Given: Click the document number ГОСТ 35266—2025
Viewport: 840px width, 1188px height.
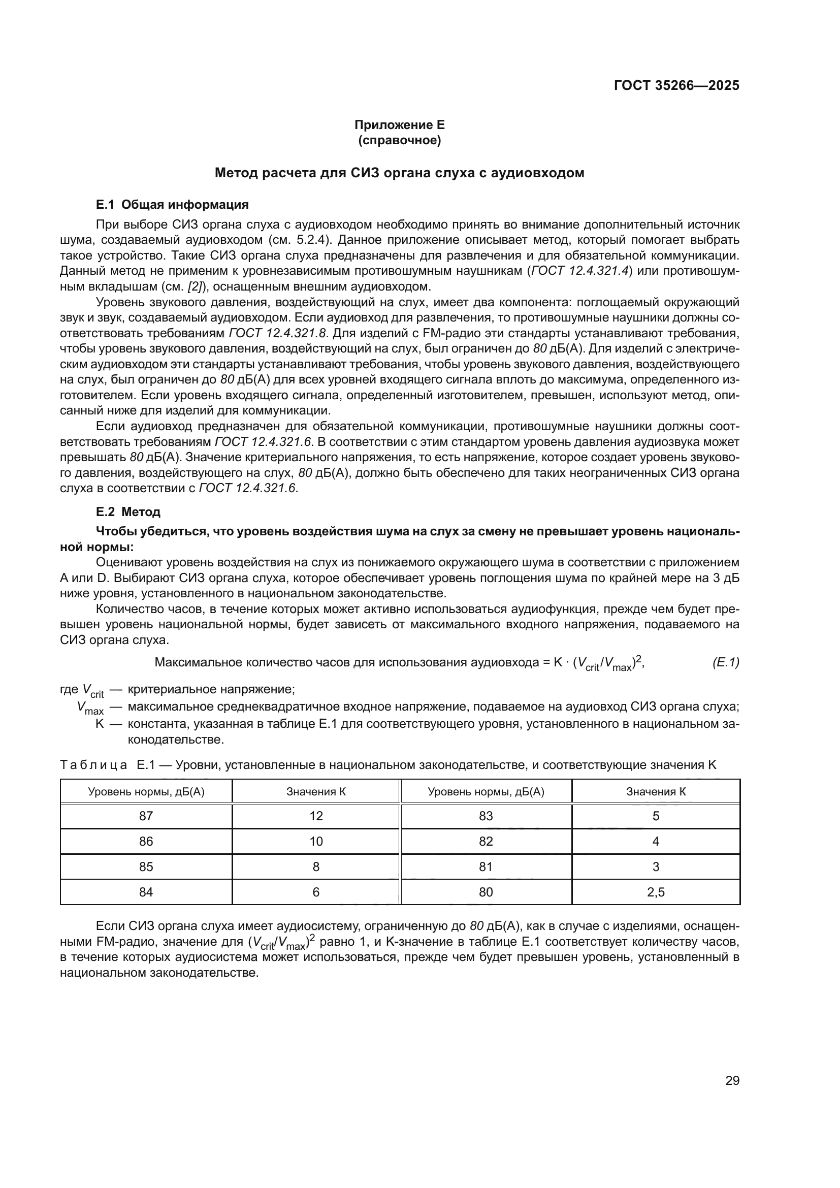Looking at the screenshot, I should coord(676,85).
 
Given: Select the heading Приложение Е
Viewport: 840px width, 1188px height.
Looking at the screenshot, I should coord(399,125).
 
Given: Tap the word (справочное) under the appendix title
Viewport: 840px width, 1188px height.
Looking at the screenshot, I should coord(399,140).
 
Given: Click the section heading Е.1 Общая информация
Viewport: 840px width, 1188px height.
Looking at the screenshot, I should coord(172,204).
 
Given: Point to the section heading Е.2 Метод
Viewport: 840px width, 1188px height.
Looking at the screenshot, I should coord(128,512).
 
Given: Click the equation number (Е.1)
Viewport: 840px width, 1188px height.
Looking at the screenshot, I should coord(725,662).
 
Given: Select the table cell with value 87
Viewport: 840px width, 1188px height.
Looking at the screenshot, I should coord(146,816).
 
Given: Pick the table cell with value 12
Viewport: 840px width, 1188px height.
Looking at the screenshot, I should coord(316,816).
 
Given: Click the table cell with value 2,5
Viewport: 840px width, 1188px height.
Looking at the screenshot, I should coord(655,892).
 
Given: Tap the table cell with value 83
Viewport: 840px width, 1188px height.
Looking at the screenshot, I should coord(486,816).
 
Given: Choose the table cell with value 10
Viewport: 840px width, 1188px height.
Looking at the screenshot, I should coord(316,841).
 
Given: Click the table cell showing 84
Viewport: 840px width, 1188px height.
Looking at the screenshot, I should coord(146,892).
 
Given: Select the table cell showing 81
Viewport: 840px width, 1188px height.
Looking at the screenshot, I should coord(486,866).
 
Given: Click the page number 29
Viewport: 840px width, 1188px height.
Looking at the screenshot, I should coord(732,1080).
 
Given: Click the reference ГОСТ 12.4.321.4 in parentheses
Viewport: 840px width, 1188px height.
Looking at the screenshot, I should coord(579,271).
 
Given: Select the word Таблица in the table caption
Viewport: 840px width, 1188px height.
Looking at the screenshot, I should coord(93,765).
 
